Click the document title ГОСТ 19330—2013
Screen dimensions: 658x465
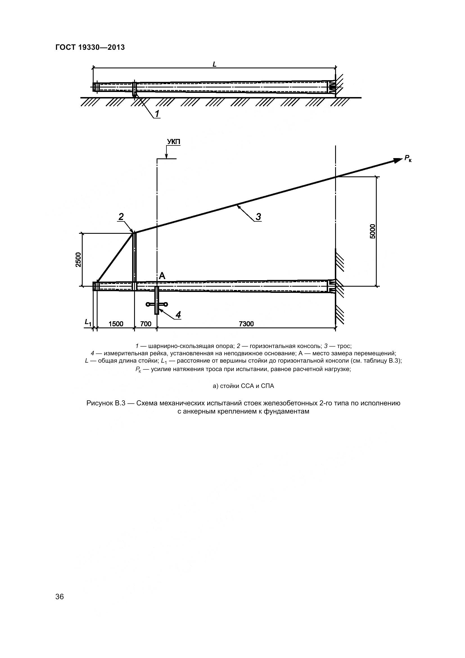pyautogui.click(x=90, y=48)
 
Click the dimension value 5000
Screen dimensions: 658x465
pyautogui.click(x=372, y=231)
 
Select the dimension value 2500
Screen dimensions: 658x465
pyautogui.click(x=78, y=260)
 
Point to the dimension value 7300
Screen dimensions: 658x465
pyautogui.click(x=246, y=324)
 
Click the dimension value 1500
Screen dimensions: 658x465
pyautogui.click(x=116, y=324)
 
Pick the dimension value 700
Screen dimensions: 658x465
pyautogui.click(x=146, y=324)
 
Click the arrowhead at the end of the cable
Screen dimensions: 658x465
pyautogui.click(x=398, y=160)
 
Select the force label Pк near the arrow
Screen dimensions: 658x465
pyautogui.click(x=408, y=158)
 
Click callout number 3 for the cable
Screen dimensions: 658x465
pyautogui.click(x=258, y=217)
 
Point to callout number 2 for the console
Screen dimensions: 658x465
pyautogui.click(x=121, y=217)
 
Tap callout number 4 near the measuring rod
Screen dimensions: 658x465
pyautogui.click(x=178, y=315)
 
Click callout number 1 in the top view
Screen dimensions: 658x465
pyautogui.click(x=157, y=114)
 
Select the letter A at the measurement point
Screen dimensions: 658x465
pyautogui.click(x=162, y=276)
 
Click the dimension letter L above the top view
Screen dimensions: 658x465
pyautogui.click(x=215, y=64)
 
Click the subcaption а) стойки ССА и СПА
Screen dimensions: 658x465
pyautogui.click(x=243, y=386)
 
